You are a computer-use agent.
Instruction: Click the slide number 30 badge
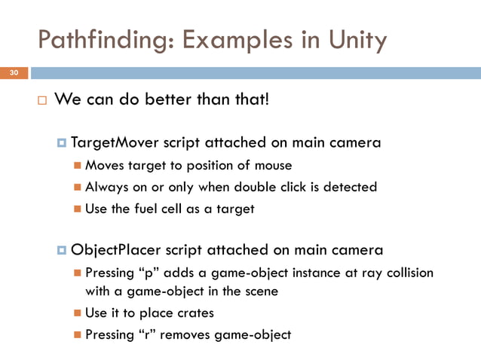tap(14, 73)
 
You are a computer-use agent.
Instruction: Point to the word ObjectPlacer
tap(112, 249)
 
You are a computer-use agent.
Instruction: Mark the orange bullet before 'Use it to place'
tap(78, 313)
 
